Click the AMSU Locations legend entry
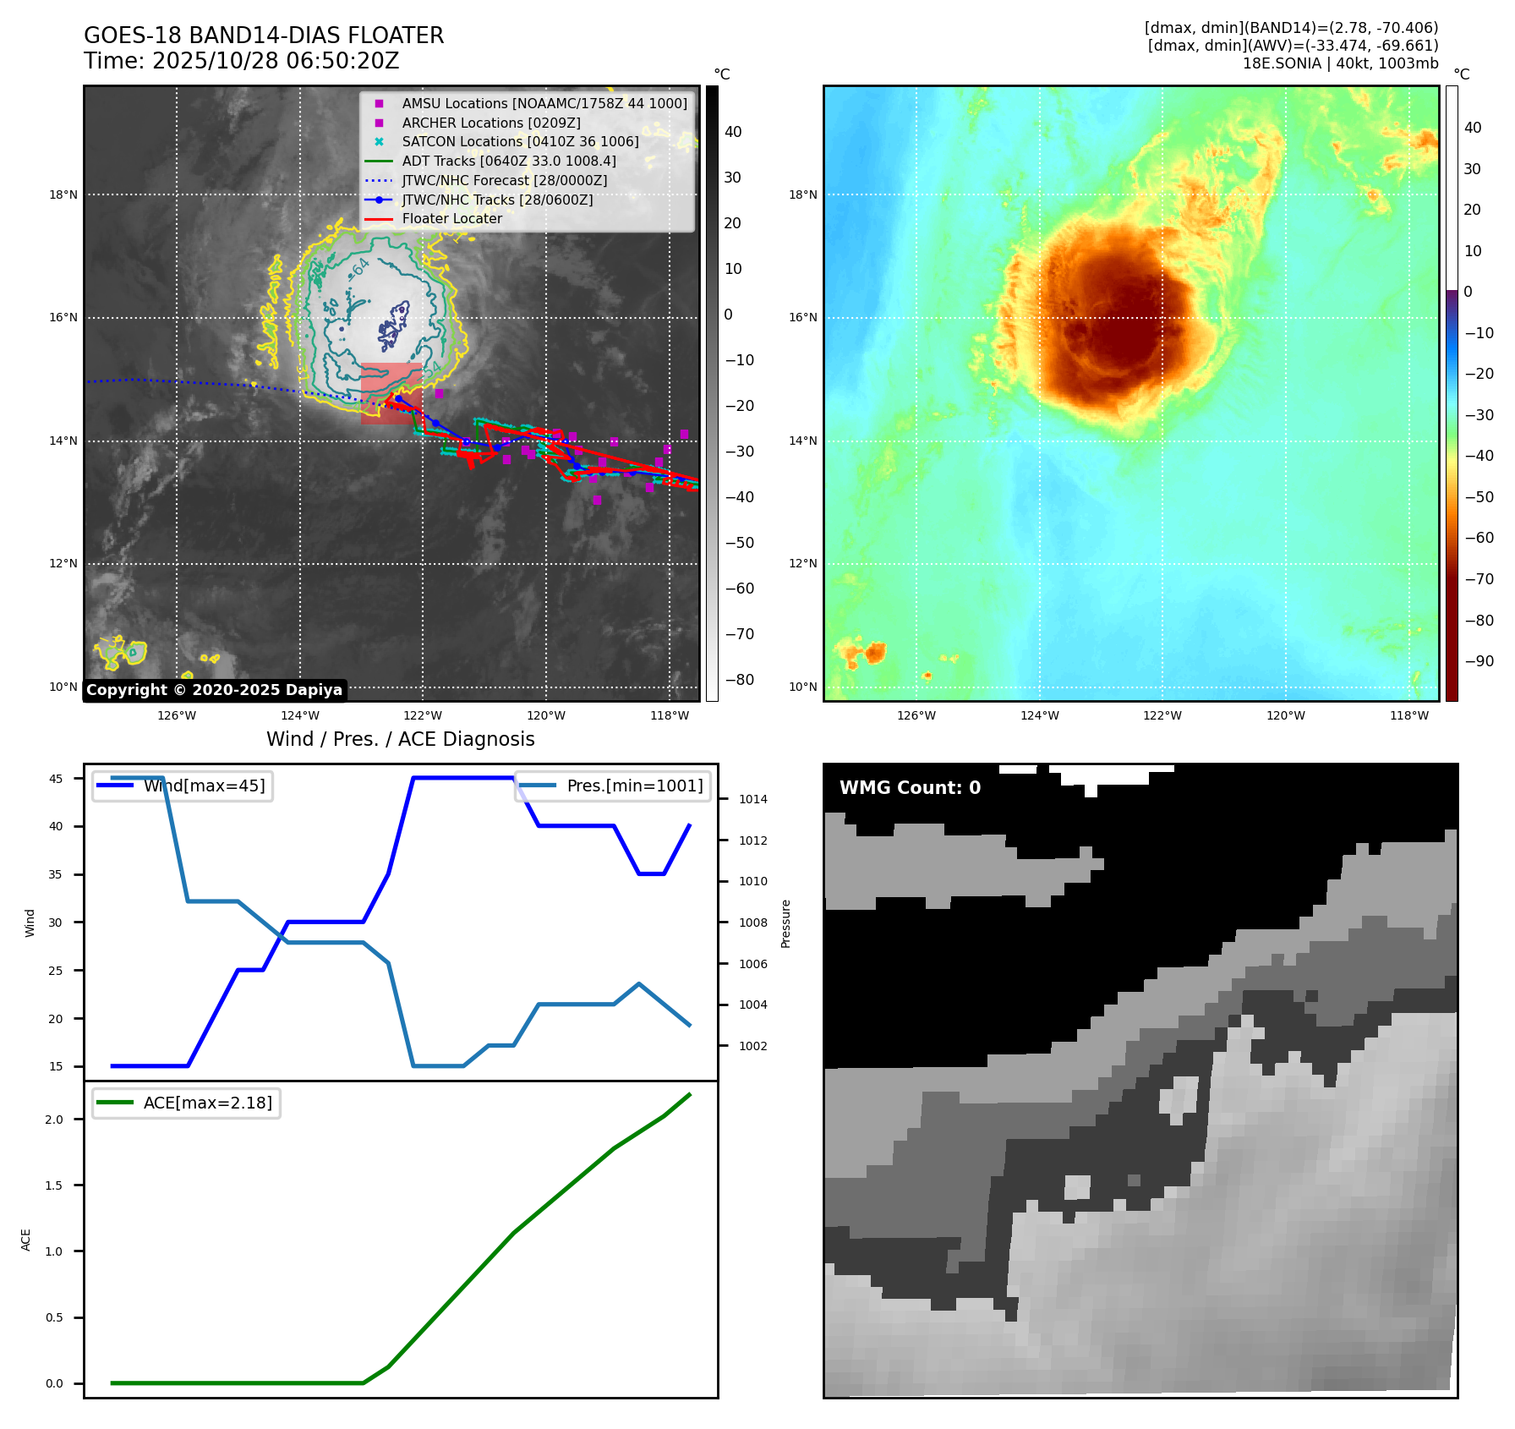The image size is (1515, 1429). coord(544,103)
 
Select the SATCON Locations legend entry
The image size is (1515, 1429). coord(520,142)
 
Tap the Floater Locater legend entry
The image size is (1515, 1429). coord(451,219)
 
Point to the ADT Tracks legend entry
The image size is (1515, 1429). coord(508,161)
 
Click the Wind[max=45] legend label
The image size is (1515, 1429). coord(204,786)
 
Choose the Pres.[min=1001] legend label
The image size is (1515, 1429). coord(634,786)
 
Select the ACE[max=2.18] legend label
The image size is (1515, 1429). coord(207,1103)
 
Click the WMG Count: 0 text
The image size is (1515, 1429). coord(910,788)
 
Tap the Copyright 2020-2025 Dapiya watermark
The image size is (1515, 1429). coord(215,690)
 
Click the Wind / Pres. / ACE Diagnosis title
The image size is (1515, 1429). coord(400,739)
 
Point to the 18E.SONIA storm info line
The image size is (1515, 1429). coord(1340,63)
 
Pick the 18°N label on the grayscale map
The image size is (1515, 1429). coord(63,194)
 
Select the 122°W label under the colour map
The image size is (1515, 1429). coord(1162,715)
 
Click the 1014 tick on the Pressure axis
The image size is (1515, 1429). coord(752,799)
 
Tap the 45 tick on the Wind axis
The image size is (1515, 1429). coord(56,779)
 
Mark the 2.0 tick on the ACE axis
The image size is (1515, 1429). coord(54,1120)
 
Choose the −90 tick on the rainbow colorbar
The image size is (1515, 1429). coord(1479,661)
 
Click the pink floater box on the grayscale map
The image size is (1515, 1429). coord(391,393)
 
